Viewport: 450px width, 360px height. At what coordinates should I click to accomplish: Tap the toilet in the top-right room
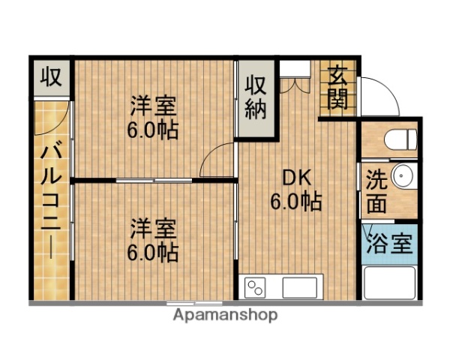[397, 139]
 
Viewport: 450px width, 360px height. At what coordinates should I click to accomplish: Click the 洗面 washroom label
[376, 191]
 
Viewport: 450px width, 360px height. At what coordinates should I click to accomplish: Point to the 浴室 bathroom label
[388, 243]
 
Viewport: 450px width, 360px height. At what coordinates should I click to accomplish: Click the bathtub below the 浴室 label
[388, 283]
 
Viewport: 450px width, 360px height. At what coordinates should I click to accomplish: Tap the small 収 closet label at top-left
[51, 76]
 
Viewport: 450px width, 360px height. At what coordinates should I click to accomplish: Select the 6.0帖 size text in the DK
[295, 202]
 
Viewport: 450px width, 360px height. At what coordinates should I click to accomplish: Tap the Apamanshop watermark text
[225, 315]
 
